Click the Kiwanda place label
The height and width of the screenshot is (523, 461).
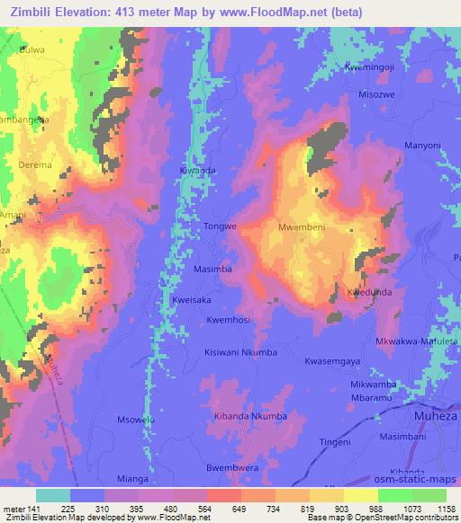tap(197, 170)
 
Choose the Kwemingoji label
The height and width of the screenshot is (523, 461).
tap(370, 67)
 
